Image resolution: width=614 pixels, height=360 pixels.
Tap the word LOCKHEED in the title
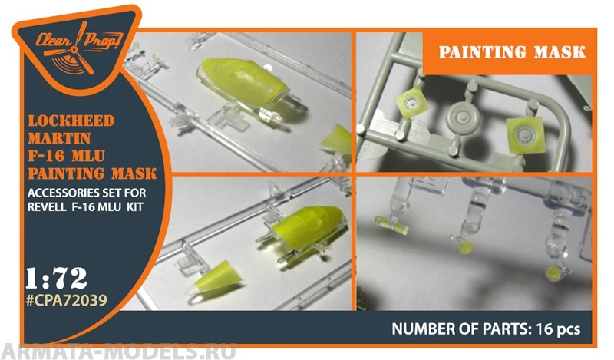(x=71, y=121)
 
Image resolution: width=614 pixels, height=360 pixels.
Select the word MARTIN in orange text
(x=59, y=138)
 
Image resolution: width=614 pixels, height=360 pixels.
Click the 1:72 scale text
(x=56, y=279)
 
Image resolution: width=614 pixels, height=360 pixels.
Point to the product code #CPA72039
(x=66, y=300)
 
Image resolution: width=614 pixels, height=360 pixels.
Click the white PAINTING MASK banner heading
(x=512, y=52)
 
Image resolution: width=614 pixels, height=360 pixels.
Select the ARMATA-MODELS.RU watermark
(x=118, y=351)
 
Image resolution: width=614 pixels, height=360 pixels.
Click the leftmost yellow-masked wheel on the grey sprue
(x=411, y=103)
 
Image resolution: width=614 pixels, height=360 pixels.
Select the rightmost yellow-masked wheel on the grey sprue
(x=525, y=135)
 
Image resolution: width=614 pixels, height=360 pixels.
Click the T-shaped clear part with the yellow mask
(x=391, y=224)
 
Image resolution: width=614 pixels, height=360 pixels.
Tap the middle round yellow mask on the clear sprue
(x=465, y=247)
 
